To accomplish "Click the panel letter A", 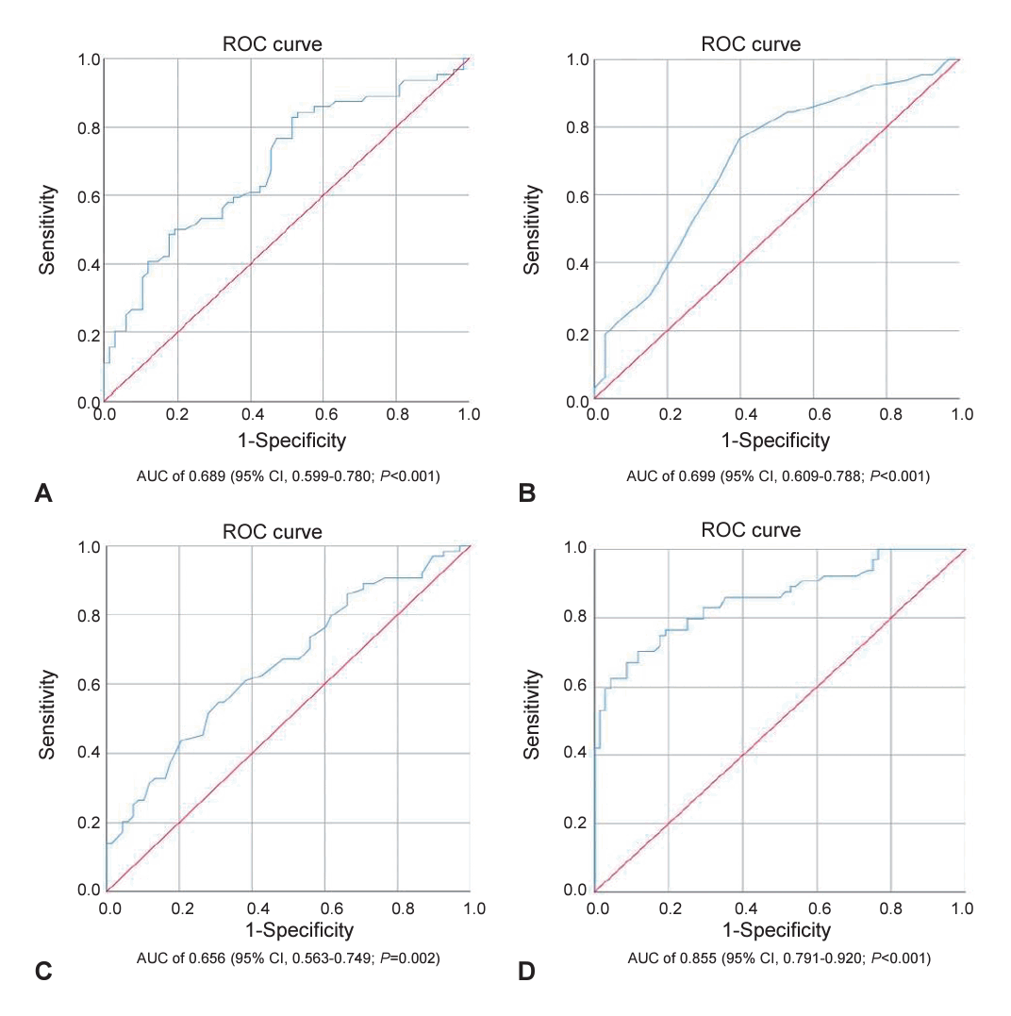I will click(41, 492).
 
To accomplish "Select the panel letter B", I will click(527, 492).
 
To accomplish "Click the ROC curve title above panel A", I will click(272, 44).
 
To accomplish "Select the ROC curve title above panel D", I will click(751, 531).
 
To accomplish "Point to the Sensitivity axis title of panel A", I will click(48, 230).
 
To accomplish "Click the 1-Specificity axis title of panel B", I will click(775, 440).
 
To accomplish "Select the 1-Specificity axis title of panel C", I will click(300, 930).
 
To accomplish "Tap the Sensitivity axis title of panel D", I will click(532, 715).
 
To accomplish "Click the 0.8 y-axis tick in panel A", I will click(88, 127).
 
